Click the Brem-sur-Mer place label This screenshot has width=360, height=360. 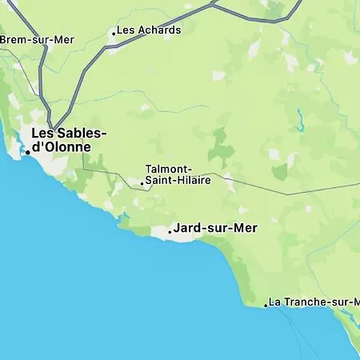coord(36,39)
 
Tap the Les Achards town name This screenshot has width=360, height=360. coord(149,30)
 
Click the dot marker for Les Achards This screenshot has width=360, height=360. coord(114,33)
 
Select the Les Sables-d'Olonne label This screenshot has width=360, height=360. coord(67,140)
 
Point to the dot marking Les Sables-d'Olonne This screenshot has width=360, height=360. coord(27,151)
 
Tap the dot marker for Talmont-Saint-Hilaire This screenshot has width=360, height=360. coord(142,183)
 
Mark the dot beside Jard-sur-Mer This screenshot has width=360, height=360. coord(170,230)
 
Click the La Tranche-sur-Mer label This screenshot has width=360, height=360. coord(314,302)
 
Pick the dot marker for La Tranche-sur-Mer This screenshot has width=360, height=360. coord(266,305)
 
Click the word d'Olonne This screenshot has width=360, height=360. coord(61,147)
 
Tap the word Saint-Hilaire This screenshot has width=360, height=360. coord(178,180)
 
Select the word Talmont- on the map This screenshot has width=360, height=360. coord(168,169)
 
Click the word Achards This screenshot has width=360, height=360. coord(158,30)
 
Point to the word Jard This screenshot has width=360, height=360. coord(186,228)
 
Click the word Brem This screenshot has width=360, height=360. coord(13,39)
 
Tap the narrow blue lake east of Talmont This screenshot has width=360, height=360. coord(300,121)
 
